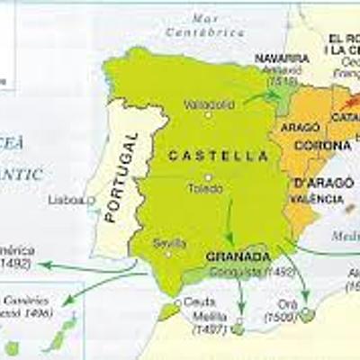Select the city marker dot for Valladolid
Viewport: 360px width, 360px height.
[x=208, y=115]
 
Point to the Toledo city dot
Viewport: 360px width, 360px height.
[x=208, y=177]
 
